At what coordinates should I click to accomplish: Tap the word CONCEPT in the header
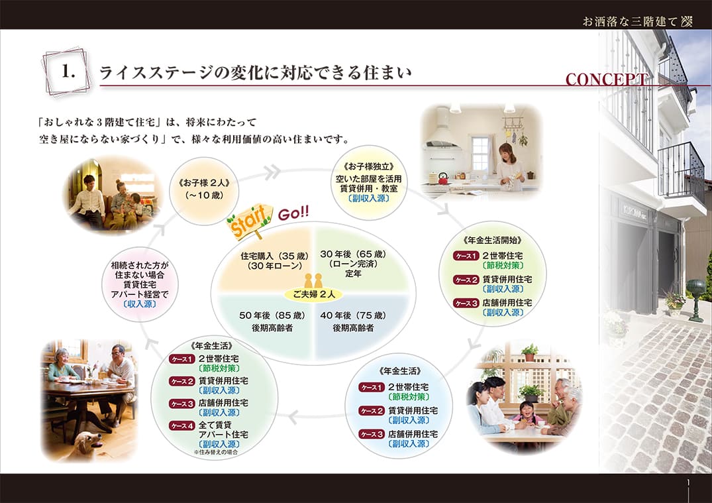pyautogui.click(x=607, y=80)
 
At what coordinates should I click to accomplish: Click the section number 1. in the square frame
pyautogui.click(x=68, y=72)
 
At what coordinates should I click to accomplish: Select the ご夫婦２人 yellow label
pyautogui.click(x=314, y=294)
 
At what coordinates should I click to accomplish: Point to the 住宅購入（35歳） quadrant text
pyautogui.click(x=275, y=256)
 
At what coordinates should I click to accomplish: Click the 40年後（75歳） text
pyautogui.click(x=353, y=315)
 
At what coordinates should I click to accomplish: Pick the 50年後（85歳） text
pyautogui.click(x=272, y=315)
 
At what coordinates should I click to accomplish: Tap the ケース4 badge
pyautogui.click(x=182, y=425)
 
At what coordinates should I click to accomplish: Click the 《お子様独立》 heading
pyautogui.click(x=369, y=166)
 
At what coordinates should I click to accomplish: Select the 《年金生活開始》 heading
pyautogui.click(x=493, y=241)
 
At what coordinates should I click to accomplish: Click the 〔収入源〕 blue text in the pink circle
pyautogui.click(x=140, y=304)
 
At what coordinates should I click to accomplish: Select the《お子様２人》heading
pyautogui.click(x=205, y=183)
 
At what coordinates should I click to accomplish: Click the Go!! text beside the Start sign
pyautogui.click(x=293, y=213)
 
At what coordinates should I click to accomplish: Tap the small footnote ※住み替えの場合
pyautogui.click(x=216, y=453)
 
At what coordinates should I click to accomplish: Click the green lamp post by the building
pyautogui.click(x=696, y=300)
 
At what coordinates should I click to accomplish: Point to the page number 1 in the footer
pyautogui.click(x=688, y=482)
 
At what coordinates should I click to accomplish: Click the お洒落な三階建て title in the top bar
pyautogui.click(x=631, y=21)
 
